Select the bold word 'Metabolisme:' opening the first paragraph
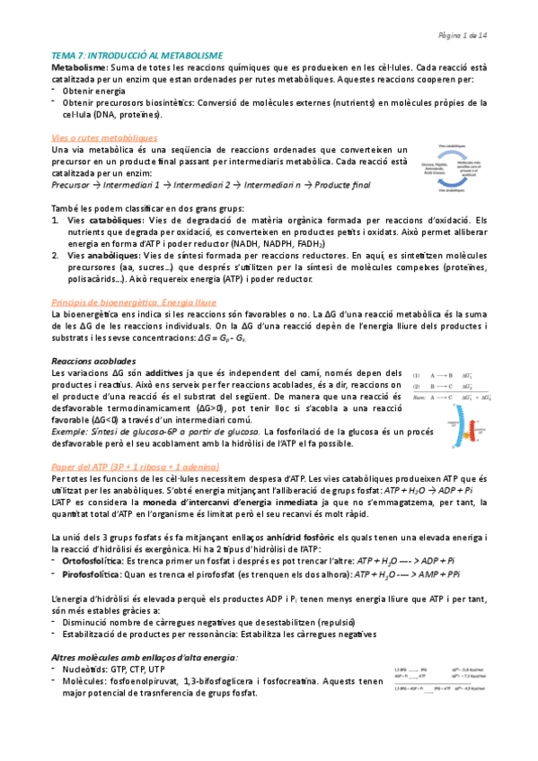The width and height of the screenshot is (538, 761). pyautogui.click(x=79, y=67)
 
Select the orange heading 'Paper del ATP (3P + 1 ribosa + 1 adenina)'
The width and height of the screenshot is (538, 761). pyautogui.click(x=146, y=468)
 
